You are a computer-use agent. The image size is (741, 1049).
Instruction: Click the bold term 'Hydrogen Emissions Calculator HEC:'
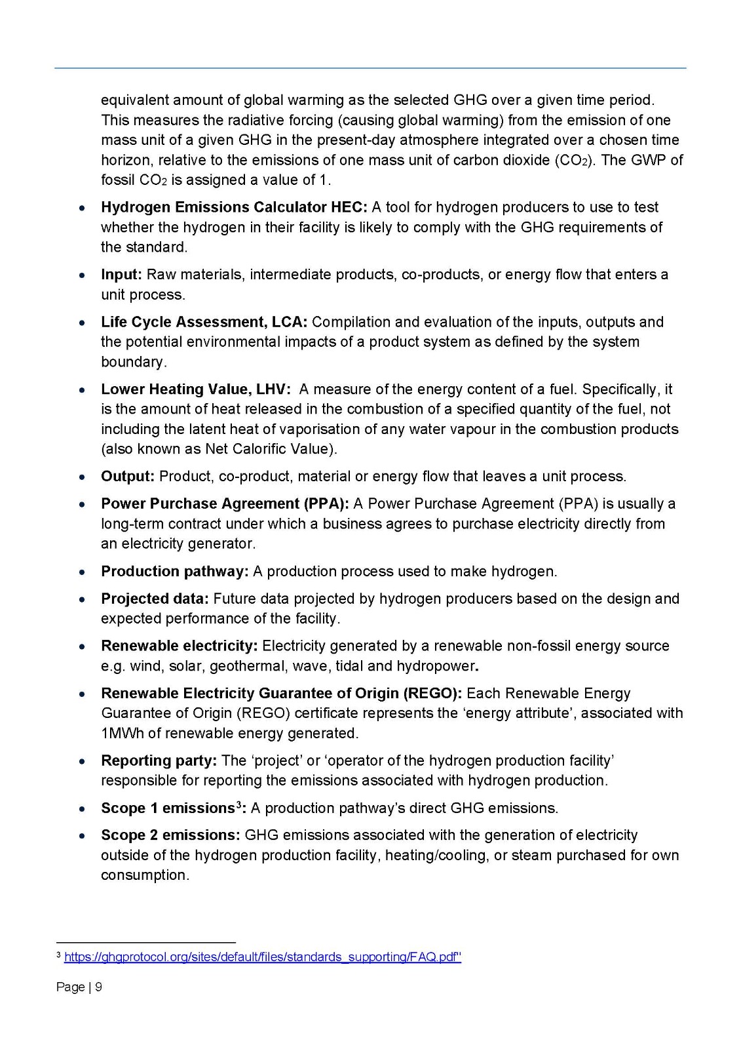[234, 207]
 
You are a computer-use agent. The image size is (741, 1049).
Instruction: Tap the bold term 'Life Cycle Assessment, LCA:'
[204, 322]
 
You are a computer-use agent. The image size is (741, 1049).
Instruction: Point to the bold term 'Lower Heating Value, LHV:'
[195, 389]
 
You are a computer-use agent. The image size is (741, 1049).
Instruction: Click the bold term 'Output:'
[128, 476]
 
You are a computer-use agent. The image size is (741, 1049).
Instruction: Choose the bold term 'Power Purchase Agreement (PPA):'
[225, 504]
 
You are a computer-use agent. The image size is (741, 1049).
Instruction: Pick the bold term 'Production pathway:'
[174, 571]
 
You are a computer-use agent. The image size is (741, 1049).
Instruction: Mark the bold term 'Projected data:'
[155, 599]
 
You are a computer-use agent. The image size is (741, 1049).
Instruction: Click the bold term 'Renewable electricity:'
[179, 646]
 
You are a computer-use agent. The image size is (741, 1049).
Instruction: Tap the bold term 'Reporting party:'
[159, 761]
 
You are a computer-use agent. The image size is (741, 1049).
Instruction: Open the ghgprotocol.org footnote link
[262, 957]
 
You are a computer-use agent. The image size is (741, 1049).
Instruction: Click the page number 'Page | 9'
[79, 987]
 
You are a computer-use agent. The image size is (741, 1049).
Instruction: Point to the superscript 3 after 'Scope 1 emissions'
[239, 804]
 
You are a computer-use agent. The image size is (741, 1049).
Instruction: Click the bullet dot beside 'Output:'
[81, 477]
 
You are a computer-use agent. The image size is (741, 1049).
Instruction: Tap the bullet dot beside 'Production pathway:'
[81, 572]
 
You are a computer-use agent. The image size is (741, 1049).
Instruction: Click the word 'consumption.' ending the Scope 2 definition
[145, 875]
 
